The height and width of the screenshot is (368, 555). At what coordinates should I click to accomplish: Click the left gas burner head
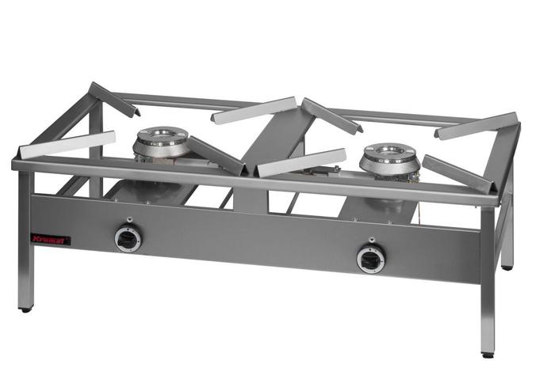coord(161,142)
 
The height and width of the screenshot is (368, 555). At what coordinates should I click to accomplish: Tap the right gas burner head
coord(389,159)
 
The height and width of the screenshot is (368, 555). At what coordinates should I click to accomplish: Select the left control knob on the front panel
coord(128,237)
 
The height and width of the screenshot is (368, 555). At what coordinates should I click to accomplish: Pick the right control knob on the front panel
coord(370,258)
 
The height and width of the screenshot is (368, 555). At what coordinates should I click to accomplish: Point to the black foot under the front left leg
coord(26,308)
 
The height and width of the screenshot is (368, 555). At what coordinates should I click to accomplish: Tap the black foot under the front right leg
coord(488,353)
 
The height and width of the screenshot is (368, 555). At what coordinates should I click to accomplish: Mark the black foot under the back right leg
coord(507,267)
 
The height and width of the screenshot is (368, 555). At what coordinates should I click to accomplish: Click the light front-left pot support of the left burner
coord(67,143)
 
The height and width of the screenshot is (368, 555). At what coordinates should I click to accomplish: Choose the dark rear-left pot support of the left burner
coord(112,98)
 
